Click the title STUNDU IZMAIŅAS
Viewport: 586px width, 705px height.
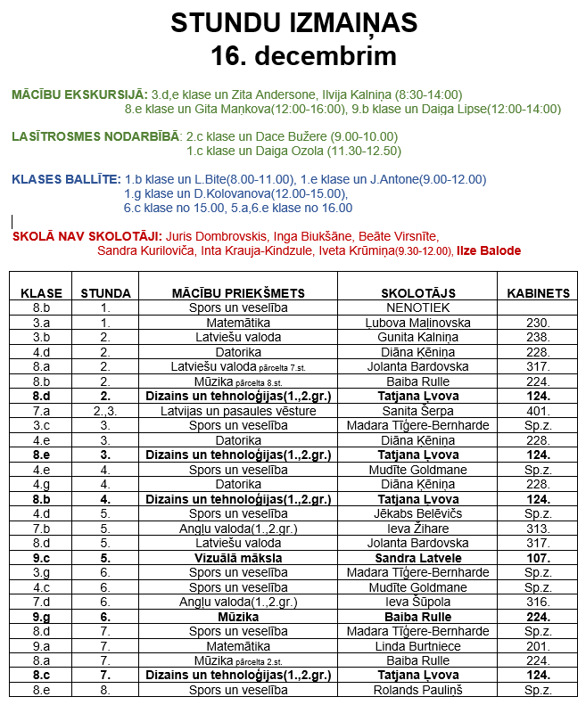[x=293, y=23]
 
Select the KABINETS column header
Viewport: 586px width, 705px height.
[x=538, y=292]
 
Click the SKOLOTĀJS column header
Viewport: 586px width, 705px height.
[x=418, y=292]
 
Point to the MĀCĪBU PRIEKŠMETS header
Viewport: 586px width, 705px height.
[x=238, y=292]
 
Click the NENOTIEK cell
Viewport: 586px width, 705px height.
[x=418, y=307]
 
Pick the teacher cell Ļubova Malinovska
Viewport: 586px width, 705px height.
[x=418, y=323]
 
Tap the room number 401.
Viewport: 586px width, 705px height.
[x=538, y=411]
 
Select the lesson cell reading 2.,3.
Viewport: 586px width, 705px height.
[x=105, y=411]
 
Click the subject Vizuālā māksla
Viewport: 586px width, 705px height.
[x=238, y=558]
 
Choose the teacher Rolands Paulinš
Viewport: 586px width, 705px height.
[x=418, y=690]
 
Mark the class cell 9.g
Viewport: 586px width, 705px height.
[x=41, y=617]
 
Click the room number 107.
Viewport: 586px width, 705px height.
[x=538, y=558]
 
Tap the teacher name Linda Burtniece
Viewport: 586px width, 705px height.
[x=418, y=646]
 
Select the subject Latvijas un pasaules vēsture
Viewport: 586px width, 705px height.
[x=238, y=411]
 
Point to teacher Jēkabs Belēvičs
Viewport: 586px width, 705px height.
[x=418, y=513]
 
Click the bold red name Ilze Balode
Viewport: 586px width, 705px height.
[x=489, y=251]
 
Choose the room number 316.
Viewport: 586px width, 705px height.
[x=538, y=602]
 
